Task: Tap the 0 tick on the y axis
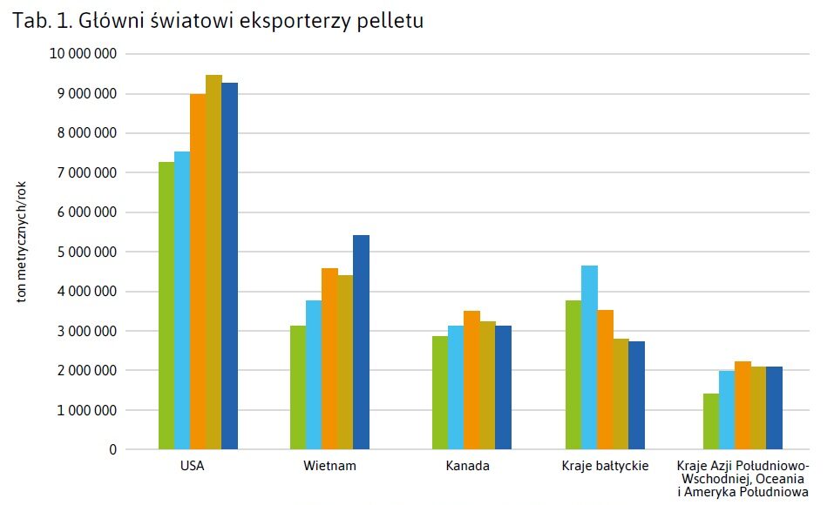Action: (x=112, y=450)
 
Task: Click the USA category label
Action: (x=192, y=467)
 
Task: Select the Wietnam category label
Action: (x=329, y=467)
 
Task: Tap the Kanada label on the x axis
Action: (x=467, y=467)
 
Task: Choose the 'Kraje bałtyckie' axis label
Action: (x=606, y=467)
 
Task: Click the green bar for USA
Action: (x=166, y=306)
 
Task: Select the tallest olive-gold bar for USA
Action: (x=214, y=262)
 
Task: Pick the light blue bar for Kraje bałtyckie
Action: (x=590, y=357)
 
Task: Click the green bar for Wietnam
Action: (x=298, y=387)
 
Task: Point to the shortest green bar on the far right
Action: (x=710, y=421)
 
